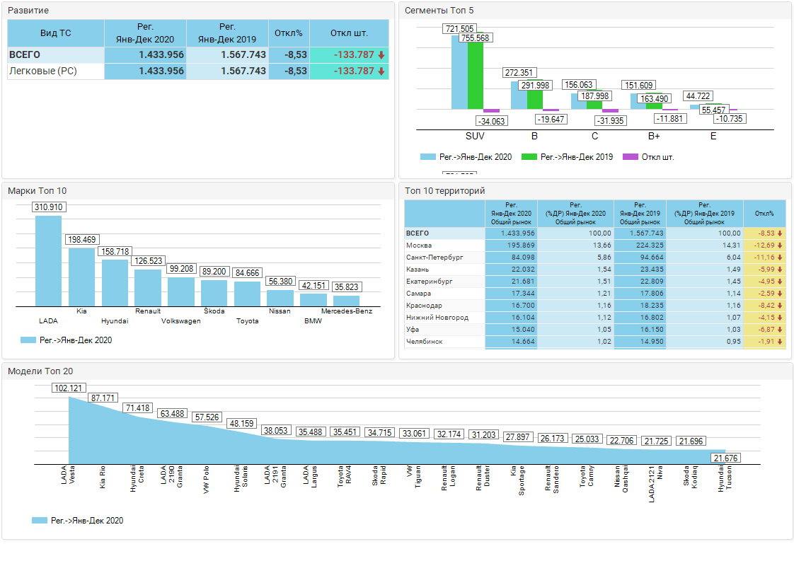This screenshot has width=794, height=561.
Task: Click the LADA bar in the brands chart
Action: pos(48,260)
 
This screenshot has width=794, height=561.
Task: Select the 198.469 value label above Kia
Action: pos(82,240)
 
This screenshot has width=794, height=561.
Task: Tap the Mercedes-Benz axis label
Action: pos(347,311)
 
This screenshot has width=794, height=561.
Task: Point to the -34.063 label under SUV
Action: pos(491,121)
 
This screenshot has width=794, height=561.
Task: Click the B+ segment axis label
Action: pos(654,136)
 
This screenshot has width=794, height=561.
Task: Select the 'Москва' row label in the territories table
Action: pos(419,245)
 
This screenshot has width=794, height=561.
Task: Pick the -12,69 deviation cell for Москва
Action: pos(765,245)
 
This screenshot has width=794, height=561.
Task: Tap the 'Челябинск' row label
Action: pos(425,341)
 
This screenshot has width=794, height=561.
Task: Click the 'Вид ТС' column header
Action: pos(55,33)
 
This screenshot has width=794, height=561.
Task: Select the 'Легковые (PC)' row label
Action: pos(42,71)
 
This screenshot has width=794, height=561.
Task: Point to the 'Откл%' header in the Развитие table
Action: pos(289,33)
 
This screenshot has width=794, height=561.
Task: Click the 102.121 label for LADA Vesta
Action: pos(69,388)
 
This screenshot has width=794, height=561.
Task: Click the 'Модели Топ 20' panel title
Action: pos(40,371)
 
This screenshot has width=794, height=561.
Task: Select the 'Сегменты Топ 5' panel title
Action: pos(439,10)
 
